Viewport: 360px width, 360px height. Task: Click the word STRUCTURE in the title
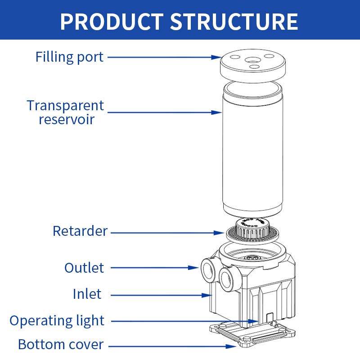tap(234, 21)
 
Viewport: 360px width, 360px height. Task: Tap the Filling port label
tap(69, 57)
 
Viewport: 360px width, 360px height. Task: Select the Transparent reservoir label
tap(65, 112)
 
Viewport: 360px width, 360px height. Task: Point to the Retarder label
tap(80, 231)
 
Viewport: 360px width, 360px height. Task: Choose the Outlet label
tap(84, 268)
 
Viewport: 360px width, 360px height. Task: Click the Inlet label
tap(87, 294)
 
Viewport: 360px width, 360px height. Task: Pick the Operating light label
tap(57, 321)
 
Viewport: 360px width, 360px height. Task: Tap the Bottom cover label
tap(61, 345)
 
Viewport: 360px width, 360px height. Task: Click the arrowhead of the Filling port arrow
tap(216, 57)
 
